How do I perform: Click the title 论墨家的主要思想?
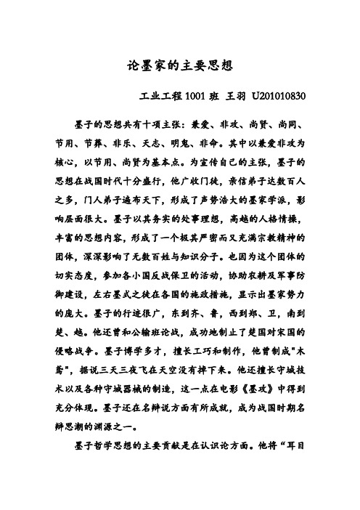point(179,65)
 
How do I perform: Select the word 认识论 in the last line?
point(239,461)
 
